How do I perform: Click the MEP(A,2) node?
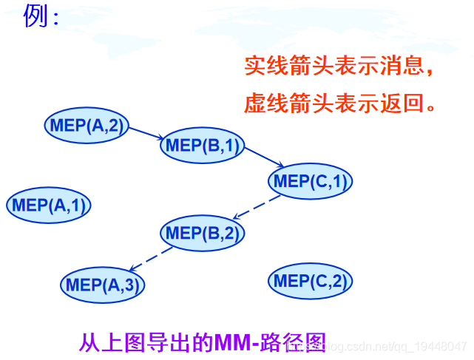click(87, 126)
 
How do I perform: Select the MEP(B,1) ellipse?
click(202, 146)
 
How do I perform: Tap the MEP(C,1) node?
click(310, 181)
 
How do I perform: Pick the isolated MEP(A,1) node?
click(49, 205)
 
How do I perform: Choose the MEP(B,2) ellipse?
click(202, 234)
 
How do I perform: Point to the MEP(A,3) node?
click(101, 285)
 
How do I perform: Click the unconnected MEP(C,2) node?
click(310, 281)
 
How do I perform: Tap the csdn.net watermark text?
click(399, 346)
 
